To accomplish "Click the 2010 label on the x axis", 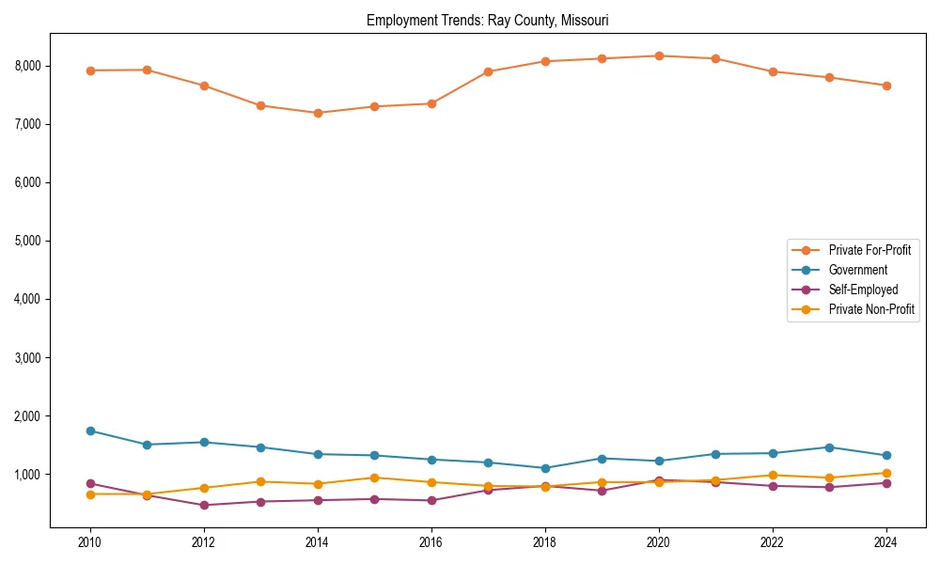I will (x=90, y=541).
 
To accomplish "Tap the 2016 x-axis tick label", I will (x=431, y=541).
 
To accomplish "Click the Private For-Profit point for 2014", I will (x=318, y=113).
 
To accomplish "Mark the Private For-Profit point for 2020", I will (x=659, y=55).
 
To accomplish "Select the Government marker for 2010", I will (x=90, y=431).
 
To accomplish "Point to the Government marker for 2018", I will (x=545, y=468).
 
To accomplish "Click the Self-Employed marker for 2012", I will (x=204, y=505).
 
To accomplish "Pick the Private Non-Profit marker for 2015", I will (x=374, y=478).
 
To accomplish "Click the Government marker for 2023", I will (x=829, y=447).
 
